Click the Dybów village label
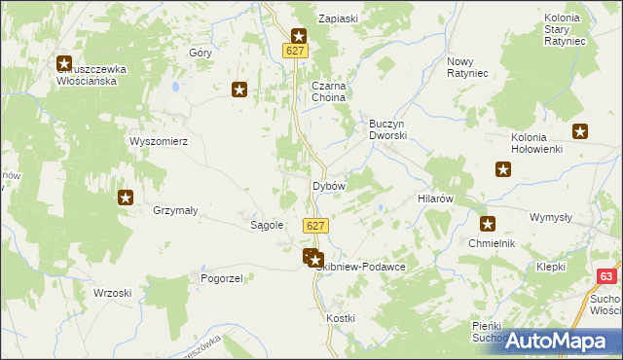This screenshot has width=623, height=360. pyautogui.click(x=328, y=185)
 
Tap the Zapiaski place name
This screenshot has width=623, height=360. pyautogui.click(x=340, y=18)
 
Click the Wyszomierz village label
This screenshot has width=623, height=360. pyautogui.click(x=158, y=140)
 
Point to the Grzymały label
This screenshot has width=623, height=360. pyautogui.click(x=175, y=209)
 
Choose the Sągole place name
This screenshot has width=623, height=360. pyautogui.click(x=267, y=225)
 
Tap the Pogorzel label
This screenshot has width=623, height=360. pyautogui.click(x=221, y=277)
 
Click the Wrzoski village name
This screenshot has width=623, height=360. pyautogui.click(x=112, y=293)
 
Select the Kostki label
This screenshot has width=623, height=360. pyautogui.click(x=341, y=318)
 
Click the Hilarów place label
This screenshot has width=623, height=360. pyautogui.click(x=436, y=198)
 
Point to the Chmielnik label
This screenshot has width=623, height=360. pyautogui.click(x=491, y=243)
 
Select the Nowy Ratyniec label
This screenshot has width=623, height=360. pyautogui.click(x=466, y=68)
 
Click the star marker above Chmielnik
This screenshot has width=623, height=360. pyautogui.click(x=488, y=223)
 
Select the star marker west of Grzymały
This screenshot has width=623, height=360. pyautogui.click(x=126, y=198)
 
